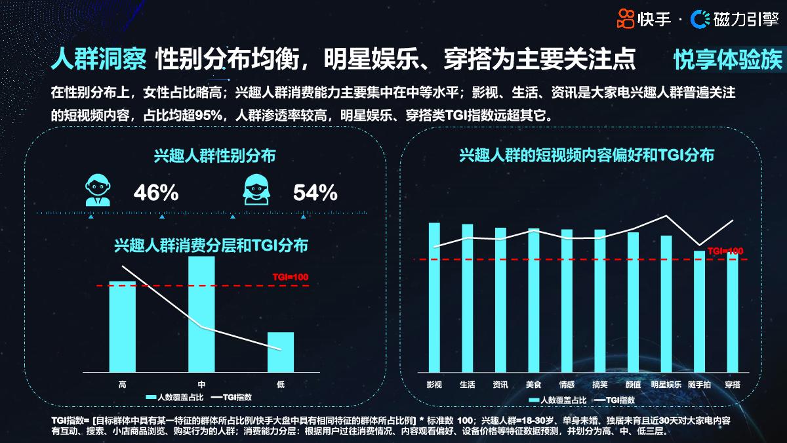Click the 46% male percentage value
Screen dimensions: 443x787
pyautogui.click(x=156, y=193)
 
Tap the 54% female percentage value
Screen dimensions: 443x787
pyautogui.click(x=315, y=193)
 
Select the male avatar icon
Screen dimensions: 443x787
pyautogui.click(x=96, y=189)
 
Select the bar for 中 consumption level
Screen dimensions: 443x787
pyautogui.click(x=201, y=314)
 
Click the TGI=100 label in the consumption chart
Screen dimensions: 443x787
pyautogui.click(x=291, y=277)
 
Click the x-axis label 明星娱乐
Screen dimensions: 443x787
pyautogui.click(x=666, y=385)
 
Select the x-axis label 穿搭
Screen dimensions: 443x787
pyautogui.click(x=733, y=385)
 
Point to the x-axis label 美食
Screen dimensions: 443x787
pyautogui.click(x=533, y=385)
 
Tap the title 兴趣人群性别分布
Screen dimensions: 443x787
pyautogui.click(x=214, y=156)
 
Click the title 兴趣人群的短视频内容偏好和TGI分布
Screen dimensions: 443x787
pyautogui.click(x=587, y=156)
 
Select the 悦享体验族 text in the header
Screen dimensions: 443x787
pyautogui.click(x=728, y=60)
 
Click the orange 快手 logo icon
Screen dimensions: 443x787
pyautogui.click(x=626, y=20)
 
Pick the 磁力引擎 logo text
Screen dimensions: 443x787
pyautogui.click(x=745, y=20)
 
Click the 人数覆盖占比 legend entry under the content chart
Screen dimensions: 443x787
pyautogui.click(x=557, y=400)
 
